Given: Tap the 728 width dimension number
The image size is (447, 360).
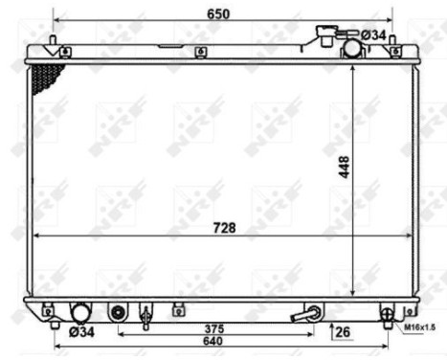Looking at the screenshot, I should pyautogui.click(x=223, y=227).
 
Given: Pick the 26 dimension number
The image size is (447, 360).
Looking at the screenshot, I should pyautogui.click(x=343, y=332).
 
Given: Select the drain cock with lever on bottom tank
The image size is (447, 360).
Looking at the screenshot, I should pyautogui.click(x=308, y=312).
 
